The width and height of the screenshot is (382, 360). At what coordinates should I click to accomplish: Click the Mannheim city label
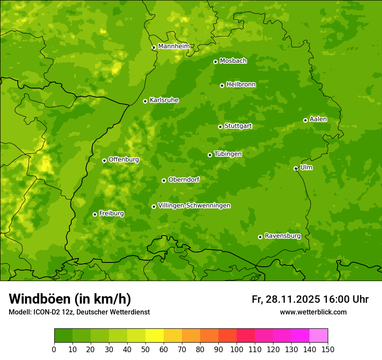174,46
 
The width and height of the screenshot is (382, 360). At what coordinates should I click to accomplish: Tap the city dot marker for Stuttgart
220,127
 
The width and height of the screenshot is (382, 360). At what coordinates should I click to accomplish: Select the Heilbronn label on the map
241,85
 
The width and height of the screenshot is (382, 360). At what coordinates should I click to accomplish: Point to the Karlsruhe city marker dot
145,101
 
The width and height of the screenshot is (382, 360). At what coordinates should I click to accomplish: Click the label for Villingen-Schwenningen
194,206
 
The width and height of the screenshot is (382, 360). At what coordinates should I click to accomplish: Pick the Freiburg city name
111,213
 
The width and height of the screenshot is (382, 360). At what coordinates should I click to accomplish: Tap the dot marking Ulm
296,168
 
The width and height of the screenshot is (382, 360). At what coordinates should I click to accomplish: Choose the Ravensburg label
282,236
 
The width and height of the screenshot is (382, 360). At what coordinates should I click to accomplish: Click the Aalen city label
318,119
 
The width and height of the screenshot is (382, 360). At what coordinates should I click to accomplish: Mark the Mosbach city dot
215,62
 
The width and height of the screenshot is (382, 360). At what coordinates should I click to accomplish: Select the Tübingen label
228,154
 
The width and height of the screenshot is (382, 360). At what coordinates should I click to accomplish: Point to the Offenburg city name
124,160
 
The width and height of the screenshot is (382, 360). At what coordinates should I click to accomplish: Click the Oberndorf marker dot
164,180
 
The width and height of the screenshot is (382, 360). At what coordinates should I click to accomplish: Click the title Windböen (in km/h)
70,299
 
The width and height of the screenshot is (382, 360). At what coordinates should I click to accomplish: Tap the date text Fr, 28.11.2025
286,299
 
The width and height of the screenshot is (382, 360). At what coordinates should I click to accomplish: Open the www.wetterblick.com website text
313,312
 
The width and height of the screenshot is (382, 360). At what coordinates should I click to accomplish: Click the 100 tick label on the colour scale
237,349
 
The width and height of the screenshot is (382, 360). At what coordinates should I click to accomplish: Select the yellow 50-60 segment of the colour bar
155,336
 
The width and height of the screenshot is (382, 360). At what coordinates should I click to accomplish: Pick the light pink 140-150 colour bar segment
319,336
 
